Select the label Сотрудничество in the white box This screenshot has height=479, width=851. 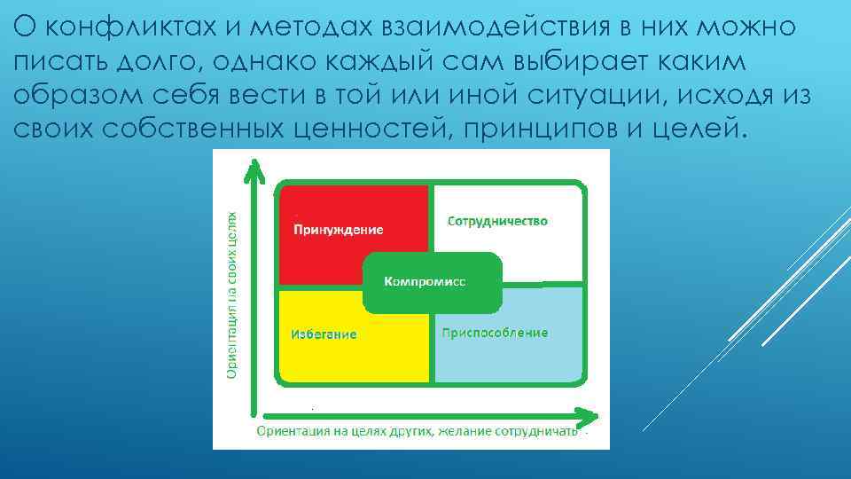[x=497, y=220]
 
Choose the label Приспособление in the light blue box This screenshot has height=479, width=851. [x=494, y=333]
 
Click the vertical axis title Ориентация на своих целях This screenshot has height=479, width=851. [x=232, y=295]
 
